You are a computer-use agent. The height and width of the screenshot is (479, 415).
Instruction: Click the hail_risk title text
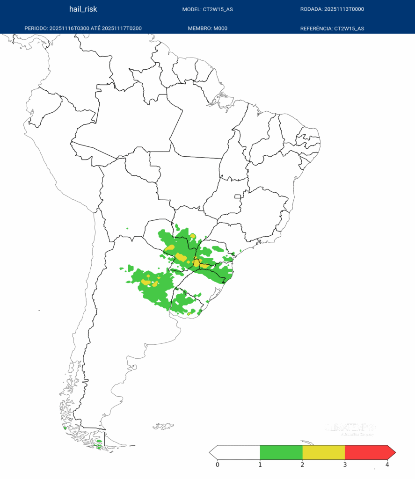pyautogui.click(x=83, y=9)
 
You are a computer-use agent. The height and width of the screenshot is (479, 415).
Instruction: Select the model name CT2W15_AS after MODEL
pyautogui.click(x=218, y=9)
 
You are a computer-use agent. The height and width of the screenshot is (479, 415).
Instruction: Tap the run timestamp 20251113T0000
pyautogui.click(x=344, y=9)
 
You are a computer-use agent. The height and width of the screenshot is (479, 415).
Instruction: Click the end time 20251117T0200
pyautogui.click(x=122, y=29)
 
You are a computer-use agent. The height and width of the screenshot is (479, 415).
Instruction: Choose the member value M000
pyautogui.click(x=220, y=29)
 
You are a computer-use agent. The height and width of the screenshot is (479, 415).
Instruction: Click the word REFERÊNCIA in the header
pyautogui.click(x=316, y=29)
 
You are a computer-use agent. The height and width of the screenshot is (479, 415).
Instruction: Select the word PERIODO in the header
pyautogui.click(x=36, y=29)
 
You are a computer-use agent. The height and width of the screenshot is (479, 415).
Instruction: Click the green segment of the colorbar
pyautogui.click(x=281, y=452)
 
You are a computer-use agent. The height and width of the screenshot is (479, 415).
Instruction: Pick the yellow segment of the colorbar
pyautogui.click(x=324, y=452)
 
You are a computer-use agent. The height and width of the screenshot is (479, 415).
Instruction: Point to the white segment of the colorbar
pyautogui.click(x=239, y=452)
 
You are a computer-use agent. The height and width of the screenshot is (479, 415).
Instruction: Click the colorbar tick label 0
pyautogui.click(x=218, y=464)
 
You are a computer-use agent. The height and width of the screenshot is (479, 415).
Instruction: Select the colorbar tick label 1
pyautogui.click(x=260, y=464)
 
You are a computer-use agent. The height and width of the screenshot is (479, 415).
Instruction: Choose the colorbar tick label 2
pyautogui.click(x=302, y=464)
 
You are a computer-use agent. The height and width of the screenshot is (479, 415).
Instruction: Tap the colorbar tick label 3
pyautogui.click(x=345, y=464)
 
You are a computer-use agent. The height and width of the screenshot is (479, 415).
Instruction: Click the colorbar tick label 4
pyautogui.click(x=387, y=464)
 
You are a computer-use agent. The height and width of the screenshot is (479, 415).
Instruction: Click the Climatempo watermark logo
pyautogui.click(x=350, y=428)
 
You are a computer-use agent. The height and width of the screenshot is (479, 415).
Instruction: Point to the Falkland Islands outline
pyautogui.click(x=163, y=426)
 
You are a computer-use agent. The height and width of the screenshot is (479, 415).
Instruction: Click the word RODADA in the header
pyautogui.click(x=311, y=9)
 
